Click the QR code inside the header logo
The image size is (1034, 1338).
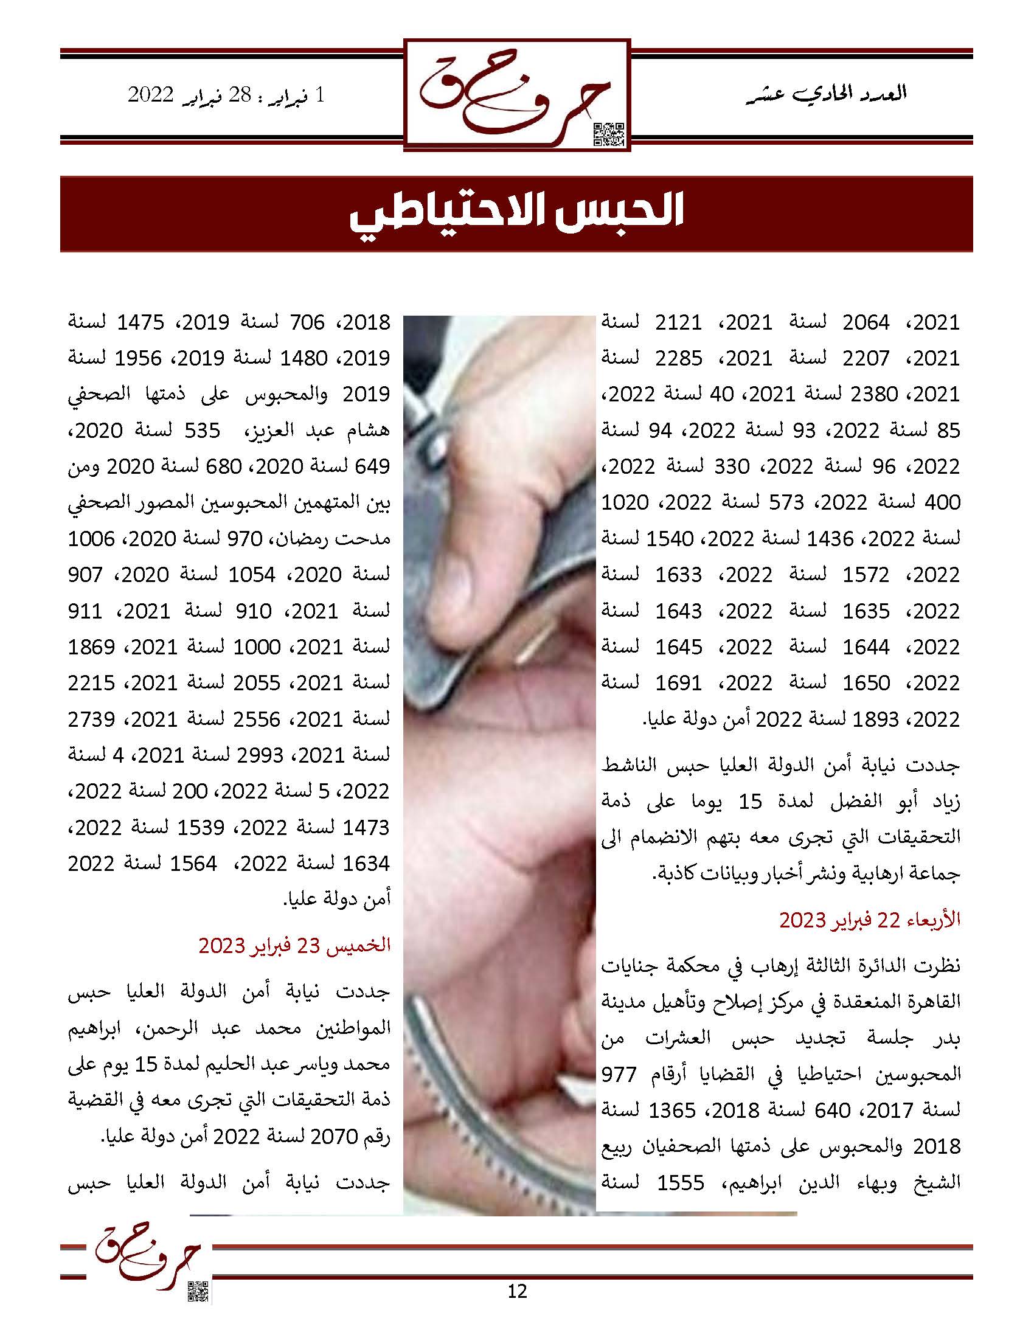coord(609,134)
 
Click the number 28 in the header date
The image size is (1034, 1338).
coord(239,95)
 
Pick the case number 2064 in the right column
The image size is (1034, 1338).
coord(866,322)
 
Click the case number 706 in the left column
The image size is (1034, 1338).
coord(305,322)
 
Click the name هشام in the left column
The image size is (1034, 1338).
coord(371,431)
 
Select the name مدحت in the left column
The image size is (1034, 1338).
coord(367,539)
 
